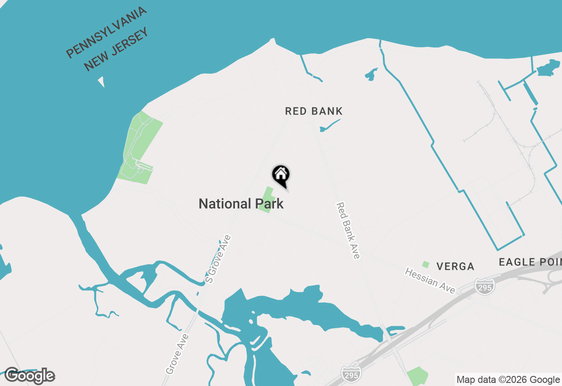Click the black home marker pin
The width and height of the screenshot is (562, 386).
(281, 175)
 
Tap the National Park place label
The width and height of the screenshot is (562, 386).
(241, 204)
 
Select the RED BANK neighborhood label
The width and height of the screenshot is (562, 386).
(313, 111)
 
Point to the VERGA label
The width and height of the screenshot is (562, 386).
(455, 266)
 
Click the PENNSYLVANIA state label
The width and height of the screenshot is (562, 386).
(106, 33)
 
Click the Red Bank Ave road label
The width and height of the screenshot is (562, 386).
(348, 230)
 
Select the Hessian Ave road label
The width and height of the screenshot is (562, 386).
(430, 281)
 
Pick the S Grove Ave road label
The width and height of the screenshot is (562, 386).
(219, 259)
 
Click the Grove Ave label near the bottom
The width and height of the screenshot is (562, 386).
(177, 354)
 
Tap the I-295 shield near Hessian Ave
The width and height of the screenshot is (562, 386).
(484, 286)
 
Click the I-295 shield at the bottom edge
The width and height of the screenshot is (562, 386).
(351, 373)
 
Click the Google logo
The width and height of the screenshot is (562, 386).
(30, 376)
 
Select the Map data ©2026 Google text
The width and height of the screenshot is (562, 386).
(508, 380)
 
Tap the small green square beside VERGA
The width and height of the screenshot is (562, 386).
(425, 264)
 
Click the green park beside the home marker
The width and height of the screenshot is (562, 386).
(267, 200)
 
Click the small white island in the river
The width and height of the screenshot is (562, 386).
(102, 82)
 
